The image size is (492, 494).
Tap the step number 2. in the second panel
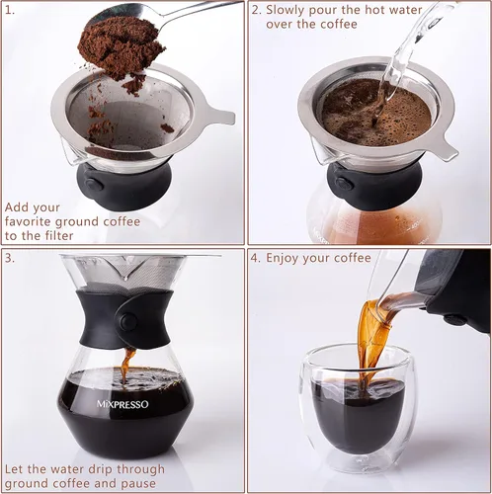255,11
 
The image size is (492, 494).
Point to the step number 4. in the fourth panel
255,258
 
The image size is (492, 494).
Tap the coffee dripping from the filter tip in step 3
127,360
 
